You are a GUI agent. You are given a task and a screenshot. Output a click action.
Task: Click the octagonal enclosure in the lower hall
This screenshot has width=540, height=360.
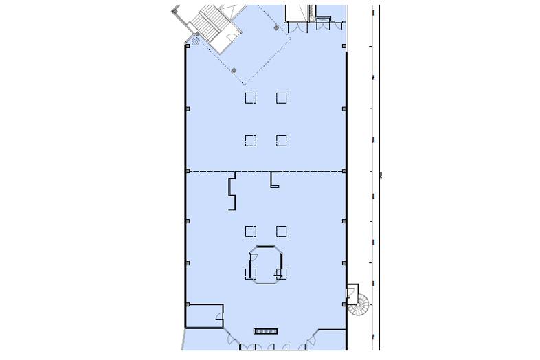coord(265,265)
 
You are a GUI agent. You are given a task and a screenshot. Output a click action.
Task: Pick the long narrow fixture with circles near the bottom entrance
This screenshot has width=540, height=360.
coord(265,331)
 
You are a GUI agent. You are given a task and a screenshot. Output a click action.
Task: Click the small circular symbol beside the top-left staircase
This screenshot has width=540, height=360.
coord(195,42)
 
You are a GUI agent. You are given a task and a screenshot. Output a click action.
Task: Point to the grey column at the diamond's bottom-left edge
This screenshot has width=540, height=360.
coord(234,70)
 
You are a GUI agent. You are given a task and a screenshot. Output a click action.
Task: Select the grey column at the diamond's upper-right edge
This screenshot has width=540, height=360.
coord(276,28)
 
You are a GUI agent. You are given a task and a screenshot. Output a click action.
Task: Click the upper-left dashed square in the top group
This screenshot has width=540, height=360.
coord(251,98)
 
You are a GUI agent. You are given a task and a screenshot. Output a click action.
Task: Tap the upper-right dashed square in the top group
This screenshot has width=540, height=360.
coord(282,98)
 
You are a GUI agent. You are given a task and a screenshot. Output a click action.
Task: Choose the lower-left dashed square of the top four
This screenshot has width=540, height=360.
coord(251,141)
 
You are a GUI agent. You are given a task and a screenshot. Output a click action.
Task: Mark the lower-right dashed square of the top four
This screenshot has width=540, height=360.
coord(282,141)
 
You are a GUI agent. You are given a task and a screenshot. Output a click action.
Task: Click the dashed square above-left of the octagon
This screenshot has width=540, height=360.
coord(251,231)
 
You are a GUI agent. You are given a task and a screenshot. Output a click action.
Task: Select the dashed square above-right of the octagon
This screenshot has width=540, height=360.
coord(282,231)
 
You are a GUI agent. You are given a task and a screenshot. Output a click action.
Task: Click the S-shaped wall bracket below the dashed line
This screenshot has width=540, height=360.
coord(232,192)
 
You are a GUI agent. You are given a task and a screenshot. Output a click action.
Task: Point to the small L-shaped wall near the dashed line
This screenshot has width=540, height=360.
coord(274,180)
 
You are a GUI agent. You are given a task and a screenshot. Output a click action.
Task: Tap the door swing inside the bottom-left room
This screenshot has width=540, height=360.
coord(219,318)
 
